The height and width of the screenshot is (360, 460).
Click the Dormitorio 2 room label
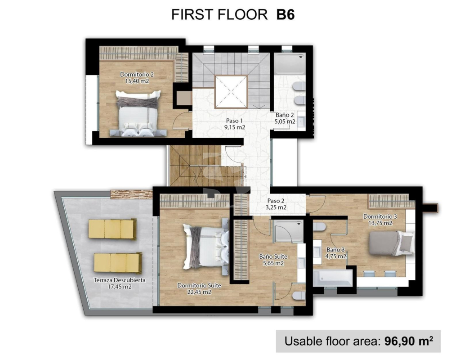pos(137,77)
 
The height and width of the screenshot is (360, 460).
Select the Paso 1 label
pos(234,124)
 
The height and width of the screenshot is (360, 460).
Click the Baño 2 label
pos(285,118)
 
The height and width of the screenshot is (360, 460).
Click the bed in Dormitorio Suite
pos(205,246)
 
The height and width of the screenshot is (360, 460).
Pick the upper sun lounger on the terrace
pos(113,229)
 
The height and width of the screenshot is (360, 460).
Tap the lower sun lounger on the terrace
pos(118,263)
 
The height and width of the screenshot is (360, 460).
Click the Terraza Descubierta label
pos(120,283)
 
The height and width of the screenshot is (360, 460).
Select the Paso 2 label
pos(276,204)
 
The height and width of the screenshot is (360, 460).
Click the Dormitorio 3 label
pos(380,220)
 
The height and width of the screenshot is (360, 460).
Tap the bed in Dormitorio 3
pos(391,243)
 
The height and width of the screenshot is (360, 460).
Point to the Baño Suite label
pos(273,260)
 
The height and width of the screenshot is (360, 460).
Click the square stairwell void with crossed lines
pos(231,92)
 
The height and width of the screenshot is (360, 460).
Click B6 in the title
pos(286,14)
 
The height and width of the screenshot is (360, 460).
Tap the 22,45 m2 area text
pos(199,292)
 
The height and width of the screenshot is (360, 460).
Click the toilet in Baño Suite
pos(299,295)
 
